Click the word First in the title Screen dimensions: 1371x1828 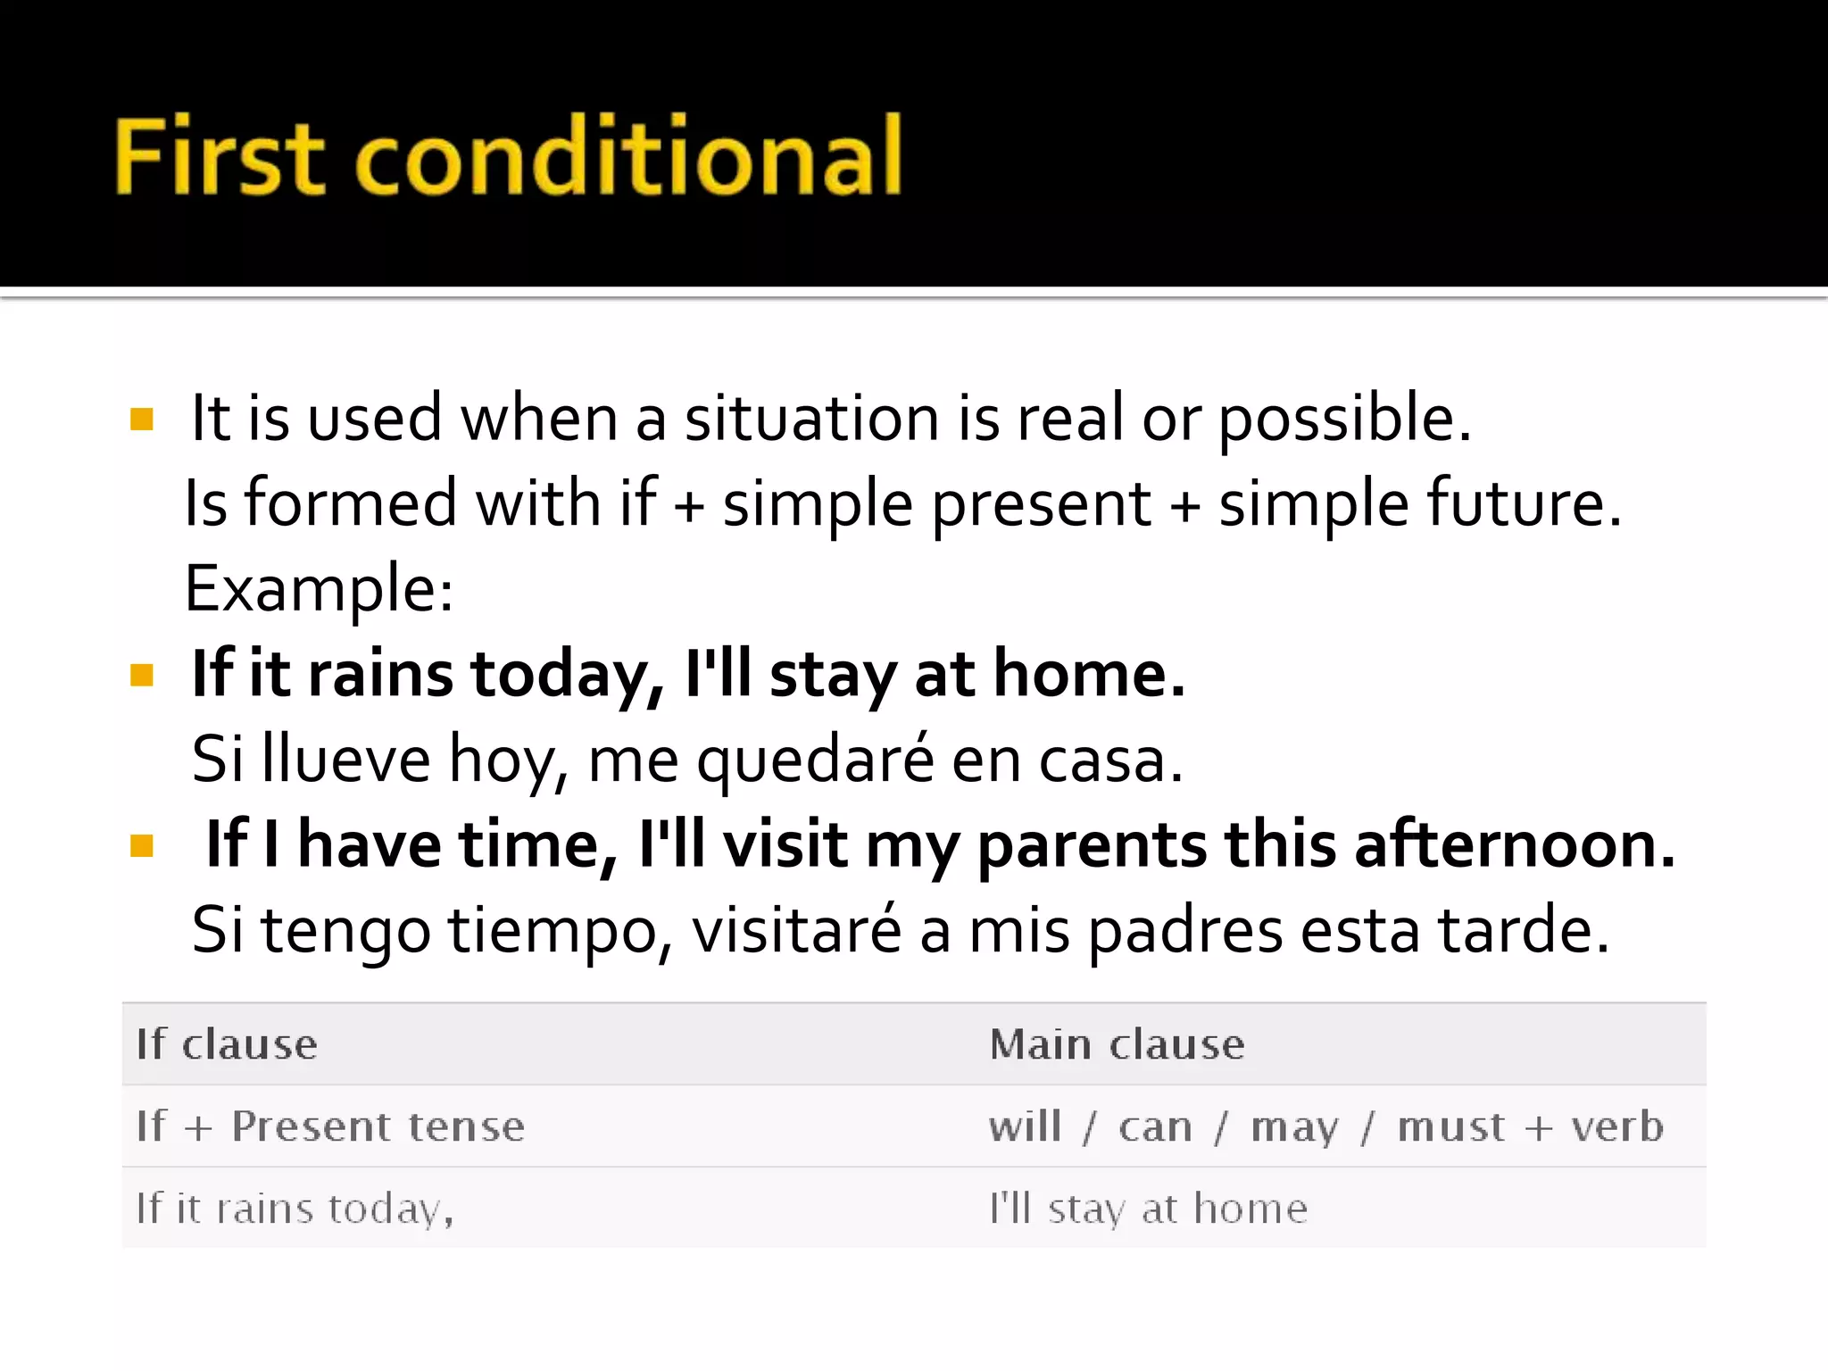pyautogui.click(x=219, y=156)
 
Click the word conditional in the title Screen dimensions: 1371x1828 pyautogui.click(x=629, y=156)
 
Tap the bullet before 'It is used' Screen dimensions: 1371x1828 pyautogui.click(x=142, y=419)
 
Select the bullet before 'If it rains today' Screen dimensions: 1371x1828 pyautogui.click(x=142, y=675)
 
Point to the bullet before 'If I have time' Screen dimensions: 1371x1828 pyautogui.click(x=142, y=845)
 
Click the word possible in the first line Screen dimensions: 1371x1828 pyautogui.click(x=1343, y=420)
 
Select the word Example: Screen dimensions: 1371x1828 pyautogui.click(x=319, y=590)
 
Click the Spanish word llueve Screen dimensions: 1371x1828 pyautogui.click(x=346, y=760)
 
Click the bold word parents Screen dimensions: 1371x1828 pyautogui.click(x=1092, y=845)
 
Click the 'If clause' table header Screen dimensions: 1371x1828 pyautogui.click(x=227, y=1044)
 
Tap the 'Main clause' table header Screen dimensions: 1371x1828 pyautogui.click(x=1116, y=1044)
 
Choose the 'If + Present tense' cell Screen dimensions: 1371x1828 pyautogui.click(x=330, y=1126)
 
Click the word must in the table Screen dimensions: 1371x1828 pyautogui.click(x=1450, y=1126)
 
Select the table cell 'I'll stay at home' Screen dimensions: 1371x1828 pyautogui.click(x=1147, y=1209)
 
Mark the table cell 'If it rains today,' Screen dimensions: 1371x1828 pyautogui.click(x=295, y=1209)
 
